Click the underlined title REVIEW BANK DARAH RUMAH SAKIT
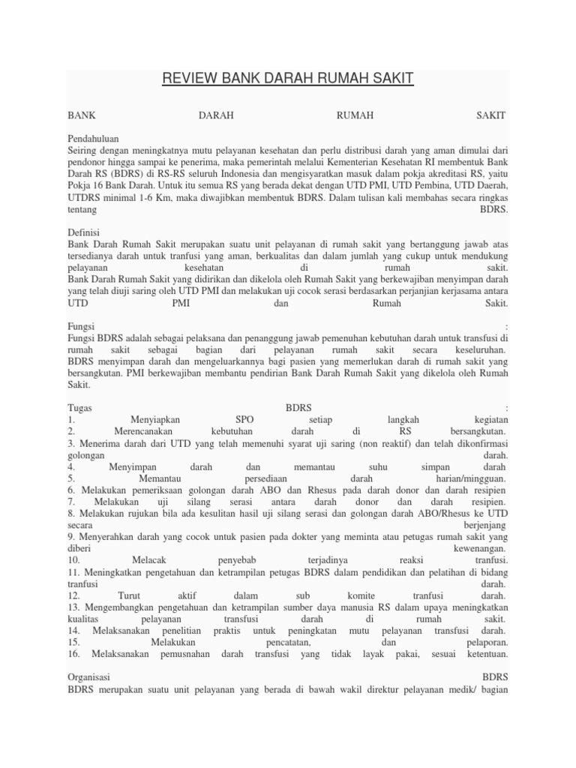[288, 79]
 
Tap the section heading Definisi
[84, 232]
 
